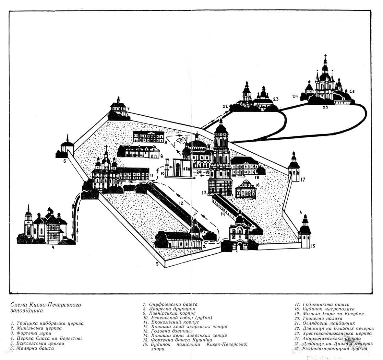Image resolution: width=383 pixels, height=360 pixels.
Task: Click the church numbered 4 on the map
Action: tap(45, 227)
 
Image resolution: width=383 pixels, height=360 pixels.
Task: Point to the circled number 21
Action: tap(182, 140)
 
